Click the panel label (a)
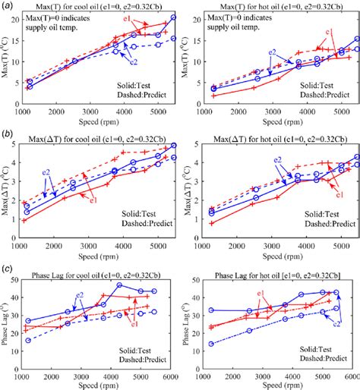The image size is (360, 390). (x=6, y=5)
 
